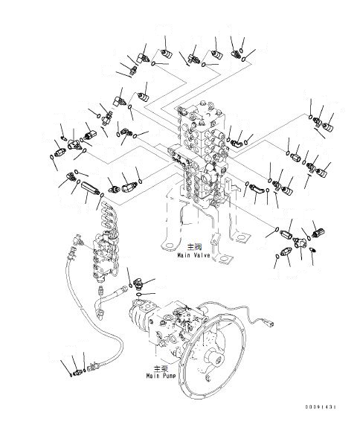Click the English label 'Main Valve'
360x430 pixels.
(193, 254)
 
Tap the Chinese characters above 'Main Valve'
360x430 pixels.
(192, 247)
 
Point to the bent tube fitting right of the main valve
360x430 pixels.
(260, 193)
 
